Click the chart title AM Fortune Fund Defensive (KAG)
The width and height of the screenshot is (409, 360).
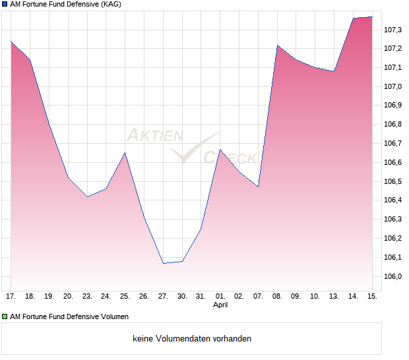tap(65, 4)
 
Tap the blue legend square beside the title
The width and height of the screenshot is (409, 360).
tap(5, 4)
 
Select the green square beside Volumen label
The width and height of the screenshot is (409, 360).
tap(5, 316)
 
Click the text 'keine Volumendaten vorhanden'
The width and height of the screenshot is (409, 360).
tap(192, 339)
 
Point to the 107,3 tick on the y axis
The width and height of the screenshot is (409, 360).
tap(393, 30)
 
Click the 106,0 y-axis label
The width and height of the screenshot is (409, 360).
tap(393, 276)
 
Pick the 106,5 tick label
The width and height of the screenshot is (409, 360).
tap(393, 181)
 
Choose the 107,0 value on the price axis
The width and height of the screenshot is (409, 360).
tap(393, 86)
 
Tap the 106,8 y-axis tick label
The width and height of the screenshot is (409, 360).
tap(393, 125)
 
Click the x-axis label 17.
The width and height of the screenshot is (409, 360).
tap(11, 297)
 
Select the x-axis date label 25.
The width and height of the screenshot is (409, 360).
tap(125, 297)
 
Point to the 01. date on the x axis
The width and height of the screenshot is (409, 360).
tap(220, 297)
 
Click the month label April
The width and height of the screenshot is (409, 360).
tap(220, 305)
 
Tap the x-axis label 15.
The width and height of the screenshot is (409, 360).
tap(373, 297)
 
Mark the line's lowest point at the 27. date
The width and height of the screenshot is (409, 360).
tap(163, 263)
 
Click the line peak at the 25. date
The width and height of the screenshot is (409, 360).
tap(125, 153)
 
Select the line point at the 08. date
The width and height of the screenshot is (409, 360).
tap(277, 45)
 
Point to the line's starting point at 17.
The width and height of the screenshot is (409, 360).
tap(11, 42)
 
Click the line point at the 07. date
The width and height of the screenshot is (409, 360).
tap(258, 187)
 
